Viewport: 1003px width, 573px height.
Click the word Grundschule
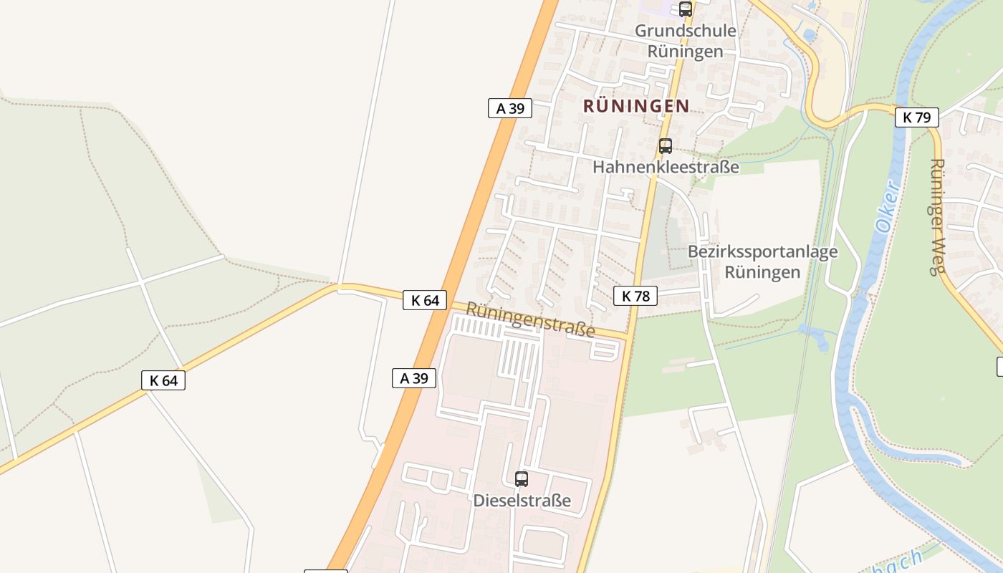point(675,31)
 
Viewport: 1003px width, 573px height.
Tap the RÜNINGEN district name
point(636,106)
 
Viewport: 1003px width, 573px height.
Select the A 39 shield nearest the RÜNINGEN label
point(510,108)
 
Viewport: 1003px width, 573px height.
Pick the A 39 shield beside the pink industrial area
point(414,378)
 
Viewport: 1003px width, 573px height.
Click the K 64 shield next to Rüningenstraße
point(425,300)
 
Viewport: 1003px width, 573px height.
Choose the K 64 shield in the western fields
point(163,380)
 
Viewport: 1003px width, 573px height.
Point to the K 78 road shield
point(635,295)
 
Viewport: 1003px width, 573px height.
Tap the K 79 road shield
point(916,117)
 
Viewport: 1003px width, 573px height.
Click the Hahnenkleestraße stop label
point(666,167)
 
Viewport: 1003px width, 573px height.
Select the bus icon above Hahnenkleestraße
point(665,146)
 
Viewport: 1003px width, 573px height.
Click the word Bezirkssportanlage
point(762,251)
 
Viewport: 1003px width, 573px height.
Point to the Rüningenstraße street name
point(530,319)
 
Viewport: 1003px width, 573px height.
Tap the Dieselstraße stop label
point(522,500)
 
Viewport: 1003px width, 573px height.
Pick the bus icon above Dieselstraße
point(522,478)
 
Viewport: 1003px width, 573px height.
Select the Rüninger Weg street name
point(936,216)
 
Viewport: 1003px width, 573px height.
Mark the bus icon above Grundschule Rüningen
point(686,9)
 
